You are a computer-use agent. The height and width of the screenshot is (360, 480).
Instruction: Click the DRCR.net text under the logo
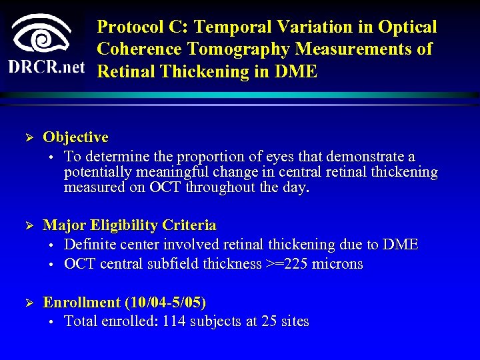pos(47,67)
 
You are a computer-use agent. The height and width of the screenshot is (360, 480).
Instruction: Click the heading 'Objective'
pos(75,137)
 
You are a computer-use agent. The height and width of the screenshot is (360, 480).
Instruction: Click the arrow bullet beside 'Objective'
pos(29,138)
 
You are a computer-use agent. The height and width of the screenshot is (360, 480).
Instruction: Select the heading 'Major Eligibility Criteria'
pos(129,225)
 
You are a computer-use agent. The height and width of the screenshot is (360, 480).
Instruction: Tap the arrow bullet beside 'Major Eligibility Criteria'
pos(29,226)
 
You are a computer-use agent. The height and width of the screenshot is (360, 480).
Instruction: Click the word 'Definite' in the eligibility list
pos(90,245)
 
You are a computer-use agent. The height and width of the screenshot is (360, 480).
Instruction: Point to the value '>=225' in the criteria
pos(285,264)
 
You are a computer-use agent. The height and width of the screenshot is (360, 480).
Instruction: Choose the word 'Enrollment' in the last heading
pos(82,303)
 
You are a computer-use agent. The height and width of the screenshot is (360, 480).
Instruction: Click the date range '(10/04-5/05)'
pos(165,303)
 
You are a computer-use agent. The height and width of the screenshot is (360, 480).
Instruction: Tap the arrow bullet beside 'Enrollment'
pos(29,303)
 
